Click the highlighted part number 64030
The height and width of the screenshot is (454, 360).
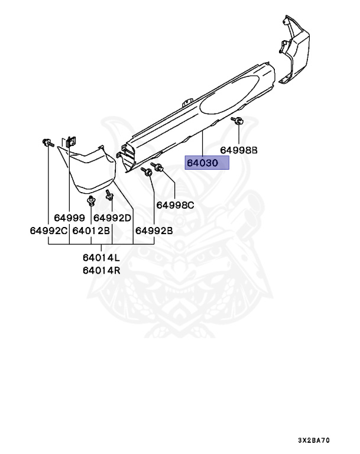pyautogui.click(x=206, y=163)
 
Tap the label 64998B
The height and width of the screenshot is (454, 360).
pyautogui.click(x=239, y=150)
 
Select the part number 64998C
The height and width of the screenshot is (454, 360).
pyautogui.click(x=175, y=205)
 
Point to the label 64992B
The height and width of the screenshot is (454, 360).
pyautogui.click(x=154, y=231)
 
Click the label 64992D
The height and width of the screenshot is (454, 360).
pyautogui.click(x=112, y=217)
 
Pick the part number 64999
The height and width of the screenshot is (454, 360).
pyautogui.click(x=70, y=217)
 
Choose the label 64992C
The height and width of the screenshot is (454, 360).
pyautogui.click(x=49, y=231)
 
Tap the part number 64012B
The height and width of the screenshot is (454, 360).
pyautogui.click(x=92, y=231)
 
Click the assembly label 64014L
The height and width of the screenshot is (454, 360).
pyautogui.click(x=101, y=258)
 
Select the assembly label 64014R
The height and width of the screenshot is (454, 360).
pyautogui.click(x=101, y=271)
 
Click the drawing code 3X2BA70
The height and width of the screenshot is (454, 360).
pyautogui.click(x=313, y=441)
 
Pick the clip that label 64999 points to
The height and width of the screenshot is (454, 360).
pyautogui.click(x=71, y=142)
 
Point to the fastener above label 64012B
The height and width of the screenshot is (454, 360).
pyautogui.click(x=90, y=202)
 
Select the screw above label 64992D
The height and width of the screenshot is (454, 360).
pyautogui.click(x=109, y=194)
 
